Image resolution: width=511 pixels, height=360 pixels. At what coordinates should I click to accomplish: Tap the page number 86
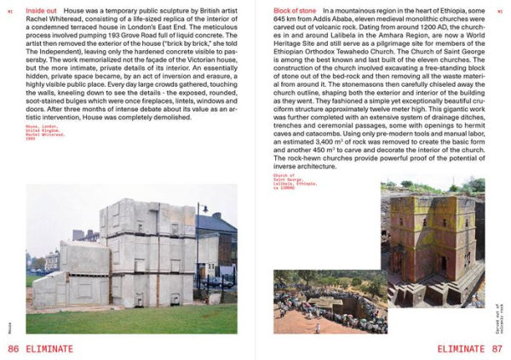pos(13,348)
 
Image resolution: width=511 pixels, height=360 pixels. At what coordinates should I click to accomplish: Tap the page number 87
pos(499,348)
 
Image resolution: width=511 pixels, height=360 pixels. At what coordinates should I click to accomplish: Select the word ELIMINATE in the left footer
pos(49,348)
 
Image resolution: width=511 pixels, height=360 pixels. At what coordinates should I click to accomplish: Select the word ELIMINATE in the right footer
pos(462,348)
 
